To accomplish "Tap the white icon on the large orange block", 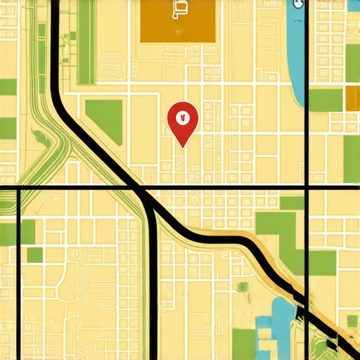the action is coord(179,8).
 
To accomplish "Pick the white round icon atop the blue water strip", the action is coord(297,4).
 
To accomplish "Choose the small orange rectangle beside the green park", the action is coord(352,99).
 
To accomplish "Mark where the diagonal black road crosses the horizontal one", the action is coord(139,188).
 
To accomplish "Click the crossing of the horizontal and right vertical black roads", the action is coord(307,188).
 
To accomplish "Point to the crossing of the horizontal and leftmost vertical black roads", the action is coord(18,188).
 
